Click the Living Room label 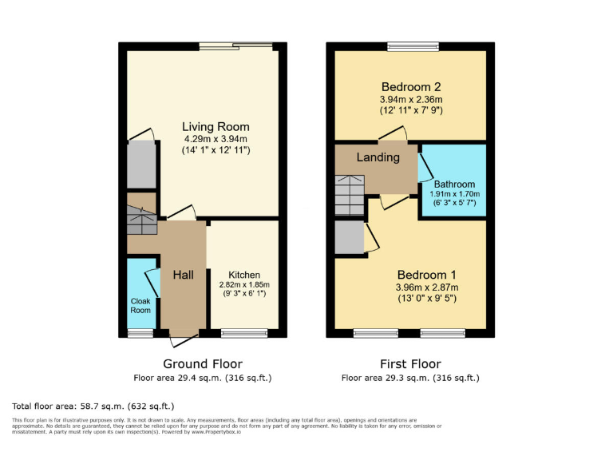[216, 126]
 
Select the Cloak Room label [140, 306]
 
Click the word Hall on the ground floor [184, 276]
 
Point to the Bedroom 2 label [410, 86]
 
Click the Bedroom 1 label [410, 274]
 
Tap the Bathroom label [454, 184]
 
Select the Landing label [378, 157]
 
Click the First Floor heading [410, 364]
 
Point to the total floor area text [94, 406]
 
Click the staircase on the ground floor [142, 219]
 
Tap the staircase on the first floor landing [350, 196]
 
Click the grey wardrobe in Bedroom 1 [349, 236]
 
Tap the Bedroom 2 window [413, 46]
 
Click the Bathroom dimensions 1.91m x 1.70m [454, 194]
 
